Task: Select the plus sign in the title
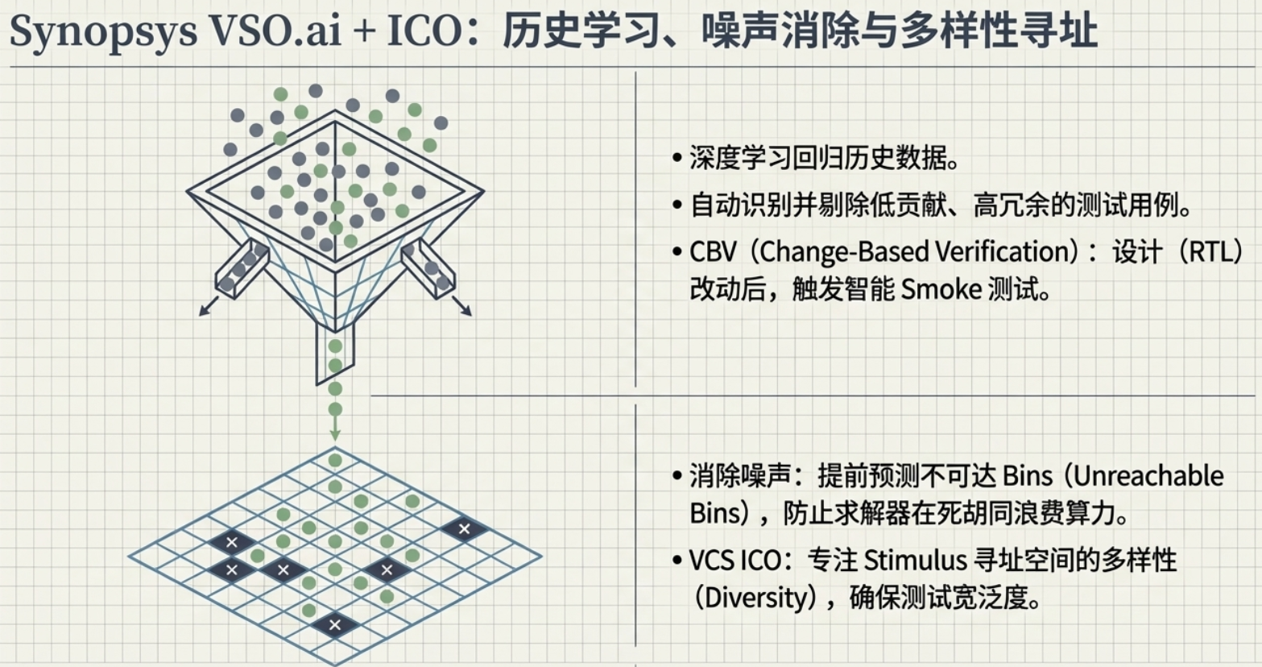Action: (365, 31)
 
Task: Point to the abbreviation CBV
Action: (713, 251)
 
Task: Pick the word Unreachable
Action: (1148, 476)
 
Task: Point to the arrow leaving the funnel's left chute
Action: (209, 306)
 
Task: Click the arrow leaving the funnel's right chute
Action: (461, 306)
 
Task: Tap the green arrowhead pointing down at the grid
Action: (335, 435)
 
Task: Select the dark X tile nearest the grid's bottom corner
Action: (335, 625)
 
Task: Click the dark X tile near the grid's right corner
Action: (464, 529)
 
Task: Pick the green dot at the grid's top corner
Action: (335, 460)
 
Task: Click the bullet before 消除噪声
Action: (677, 476)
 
